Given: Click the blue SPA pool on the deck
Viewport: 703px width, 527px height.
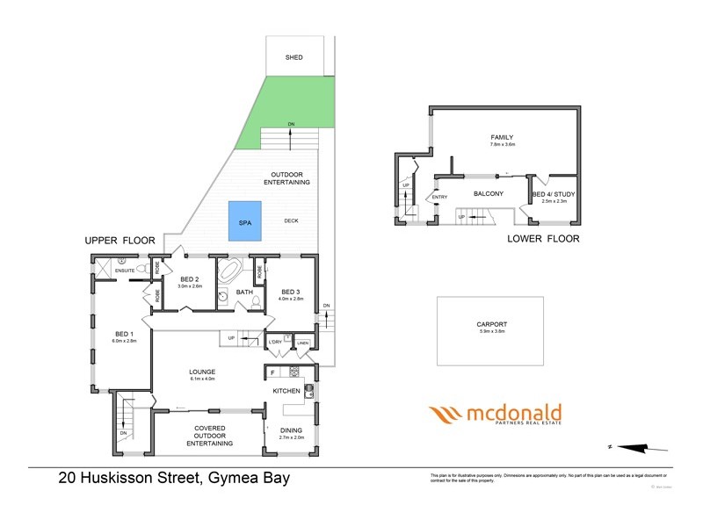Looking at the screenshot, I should (245, 223).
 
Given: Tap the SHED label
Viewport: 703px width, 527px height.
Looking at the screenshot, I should (294, 57).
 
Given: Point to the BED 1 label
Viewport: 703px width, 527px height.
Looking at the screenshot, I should (124, 334).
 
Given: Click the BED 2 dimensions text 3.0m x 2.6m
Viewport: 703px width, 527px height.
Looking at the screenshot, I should (190, 286).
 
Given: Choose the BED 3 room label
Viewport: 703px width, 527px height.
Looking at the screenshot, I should (292, 292).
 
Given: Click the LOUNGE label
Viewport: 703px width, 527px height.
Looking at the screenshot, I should (203, 372).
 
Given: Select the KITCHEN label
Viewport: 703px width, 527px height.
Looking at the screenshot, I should (286, 390).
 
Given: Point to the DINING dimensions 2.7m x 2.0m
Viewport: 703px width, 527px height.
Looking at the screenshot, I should (291, 437).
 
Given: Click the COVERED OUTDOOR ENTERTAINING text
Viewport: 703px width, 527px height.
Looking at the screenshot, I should (209, 436).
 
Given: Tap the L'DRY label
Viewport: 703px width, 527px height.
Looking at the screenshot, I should (275, 342).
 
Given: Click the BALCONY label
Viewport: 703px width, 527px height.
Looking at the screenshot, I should (488, 193).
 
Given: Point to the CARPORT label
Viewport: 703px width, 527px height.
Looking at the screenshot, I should (489, 325).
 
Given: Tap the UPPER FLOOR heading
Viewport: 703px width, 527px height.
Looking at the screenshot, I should (120, 240).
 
